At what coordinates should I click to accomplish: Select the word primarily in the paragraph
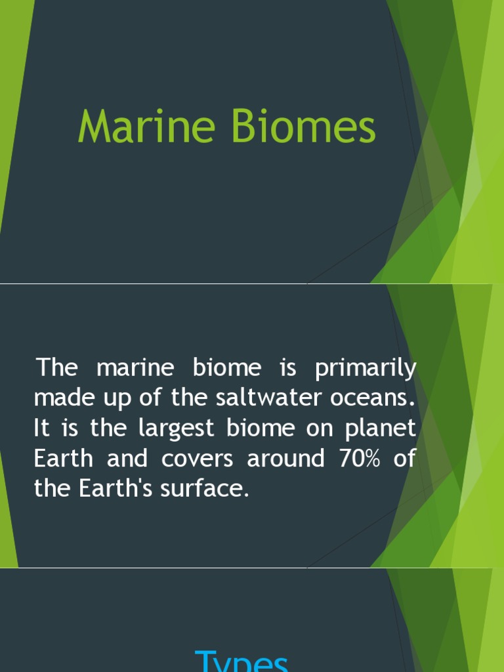(366, 368)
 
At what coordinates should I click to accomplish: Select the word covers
(198, 459)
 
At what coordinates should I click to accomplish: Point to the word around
(285, 459)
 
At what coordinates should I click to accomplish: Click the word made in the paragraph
(61, 398)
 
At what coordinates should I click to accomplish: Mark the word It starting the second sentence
(41, 429)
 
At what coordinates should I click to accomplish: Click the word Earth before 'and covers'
(63, 459)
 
